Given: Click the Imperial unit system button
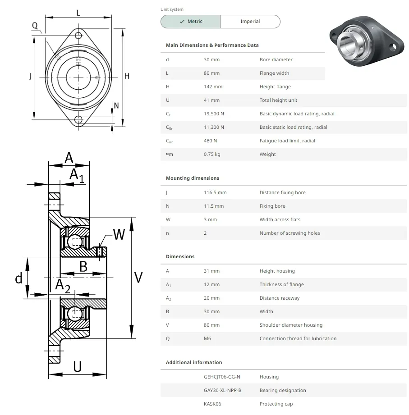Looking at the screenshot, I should (250, 22).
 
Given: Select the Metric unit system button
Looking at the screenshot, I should (191, 22).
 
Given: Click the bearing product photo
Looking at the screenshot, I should (365, 45).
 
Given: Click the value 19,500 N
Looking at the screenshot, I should (214, 114).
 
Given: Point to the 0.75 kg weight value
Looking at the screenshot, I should (212, 154).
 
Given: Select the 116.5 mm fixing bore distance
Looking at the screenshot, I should (215, 192).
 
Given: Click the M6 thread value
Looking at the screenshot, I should (207, 338).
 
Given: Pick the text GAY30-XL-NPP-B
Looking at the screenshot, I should (222, 390).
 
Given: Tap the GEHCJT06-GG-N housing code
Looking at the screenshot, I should (222, 377).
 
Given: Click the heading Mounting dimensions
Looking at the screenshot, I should (192, 178).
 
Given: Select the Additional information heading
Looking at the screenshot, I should (193, 362).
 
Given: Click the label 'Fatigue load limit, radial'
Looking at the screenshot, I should (287, 141).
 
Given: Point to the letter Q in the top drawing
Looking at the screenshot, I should (35, 26).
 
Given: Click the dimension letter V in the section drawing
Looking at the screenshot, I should (138, 278).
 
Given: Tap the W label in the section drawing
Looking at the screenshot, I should (119, 234).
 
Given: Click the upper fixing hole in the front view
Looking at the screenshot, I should (79, 36).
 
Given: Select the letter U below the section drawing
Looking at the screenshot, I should (78, 367).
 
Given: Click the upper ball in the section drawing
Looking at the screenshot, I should (75, 242).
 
